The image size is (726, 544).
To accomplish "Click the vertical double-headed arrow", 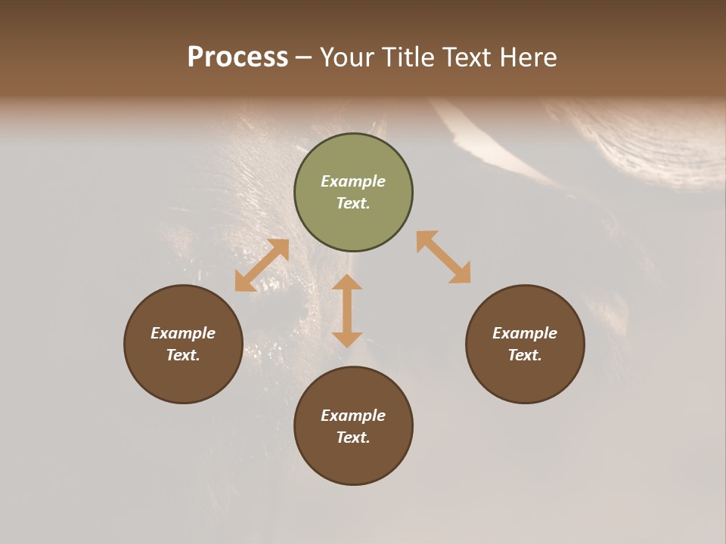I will click(347, 311).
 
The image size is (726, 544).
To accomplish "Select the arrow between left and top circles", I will click(262, 265).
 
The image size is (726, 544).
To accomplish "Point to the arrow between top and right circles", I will click(443, 257).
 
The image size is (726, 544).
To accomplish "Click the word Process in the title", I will click(237, 57).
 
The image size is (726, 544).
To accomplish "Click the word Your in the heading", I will click(346, 57).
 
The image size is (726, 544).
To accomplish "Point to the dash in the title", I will click(303, 57).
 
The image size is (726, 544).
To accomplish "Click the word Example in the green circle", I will click(353, 181).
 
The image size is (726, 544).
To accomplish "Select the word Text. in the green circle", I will click(353, 203).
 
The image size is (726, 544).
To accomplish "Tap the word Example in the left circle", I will click(183, 333).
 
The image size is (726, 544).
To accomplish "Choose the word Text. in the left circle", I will click(183, 355).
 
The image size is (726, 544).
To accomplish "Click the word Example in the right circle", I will click(525, 333).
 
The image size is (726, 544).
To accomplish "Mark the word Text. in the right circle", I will click(525, 355).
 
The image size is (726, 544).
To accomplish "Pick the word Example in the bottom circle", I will click(353, 416).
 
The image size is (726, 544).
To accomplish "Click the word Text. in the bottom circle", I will click(353, 437).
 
